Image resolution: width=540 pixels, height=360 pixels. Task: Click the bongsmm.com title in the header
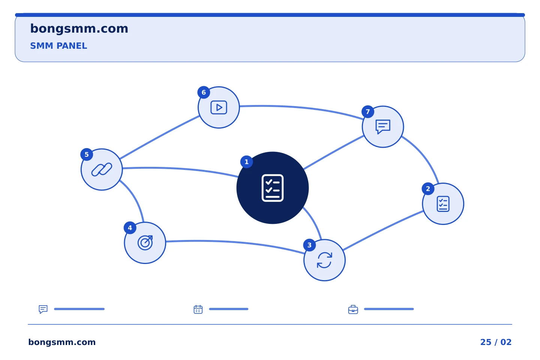click(x=79, y=29)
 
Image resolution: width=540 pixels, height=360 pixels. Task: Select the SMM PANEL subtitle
click(x=58, y=46)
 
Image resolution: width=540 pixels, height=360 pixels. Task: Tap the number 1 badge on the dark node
click(x=246, y=162)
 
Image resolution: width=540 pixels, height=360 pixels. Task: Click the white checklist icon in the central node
click(x=272, y=188)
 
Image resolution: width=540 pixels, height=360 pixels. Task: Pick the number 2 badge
click(x=428, y=189)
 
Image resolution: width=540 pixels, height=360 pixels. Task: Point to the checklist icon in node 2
click(x=443, y=204)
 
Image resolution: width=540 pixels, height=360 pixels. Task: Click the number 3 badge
click(x=309, y=245)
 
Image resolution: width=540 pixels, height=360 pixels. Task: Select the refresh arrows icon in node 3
click(x=324, y=260)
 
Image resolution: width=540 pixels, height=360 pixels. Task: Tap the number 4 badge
click(x=130, y=228)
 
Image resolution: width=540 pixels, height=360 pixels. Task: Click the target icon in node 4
click(x=145, y=243)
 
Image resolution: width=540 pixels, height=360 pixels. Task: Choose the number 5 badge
click(x=87, y=154)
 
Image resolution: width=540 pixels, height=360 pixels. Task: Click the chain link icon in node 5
click(x=102, y=169)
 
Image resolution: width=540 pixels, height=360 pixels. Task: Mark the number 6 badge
click(x=204, y=92)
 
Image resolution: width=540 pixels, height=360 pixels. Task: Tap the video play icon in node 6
click(x=219, y=107)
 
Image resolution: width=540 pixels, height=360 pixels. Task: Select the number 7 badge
click(x=367, y=112)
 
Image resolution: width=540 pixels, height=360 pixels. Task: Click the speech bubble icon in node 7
click(x=383, y=127)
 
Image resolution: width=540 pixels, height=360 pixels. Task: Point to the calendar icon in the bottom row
click(x=198, y=309)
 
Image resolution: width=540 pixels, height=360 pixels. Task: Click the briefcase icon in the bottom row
click(x=353, y=309)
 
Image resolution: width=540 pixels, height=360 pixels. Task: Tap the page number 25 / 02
click(x=496, y=342)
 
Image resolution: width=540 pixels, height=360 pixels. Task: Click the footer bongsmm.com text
click(x=62, y=342)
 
